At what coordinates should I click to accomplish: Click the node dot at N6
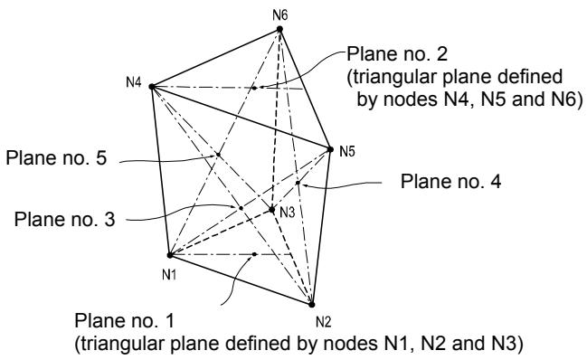279,29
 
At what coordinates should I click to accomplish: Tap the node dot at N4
152,87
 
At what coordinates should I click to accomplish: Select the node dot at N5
330,149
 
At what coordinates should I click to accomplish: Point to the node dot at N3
272,210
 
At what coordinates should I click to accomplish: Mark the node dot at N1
169,255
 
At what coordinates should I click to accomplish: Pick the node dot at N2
311,305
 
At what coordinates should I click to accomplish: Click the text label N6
279,15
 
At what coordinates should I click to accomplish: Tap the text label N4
134,82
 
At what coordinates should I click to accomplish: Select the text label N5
347,152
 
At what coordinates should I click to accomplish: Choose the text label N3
288,213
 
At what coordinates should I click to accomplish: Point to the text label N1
169,275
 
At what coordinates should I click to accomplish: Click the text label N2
324,321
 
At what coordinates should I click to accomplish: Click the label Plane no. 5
56,157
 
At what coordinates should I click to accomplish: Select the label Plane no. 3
64,219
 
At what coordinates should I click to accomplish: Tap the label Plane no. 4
450,182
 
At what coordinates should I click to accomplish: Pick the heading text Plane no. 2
397,54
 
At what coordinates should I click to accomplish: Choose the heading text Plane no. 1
124,321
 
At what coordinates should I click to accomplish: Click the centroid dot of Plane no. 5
218,155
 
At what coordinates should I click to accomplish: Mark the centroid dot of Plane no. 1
254,254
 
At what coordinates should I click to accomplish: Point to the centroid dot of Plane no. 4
298,183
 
